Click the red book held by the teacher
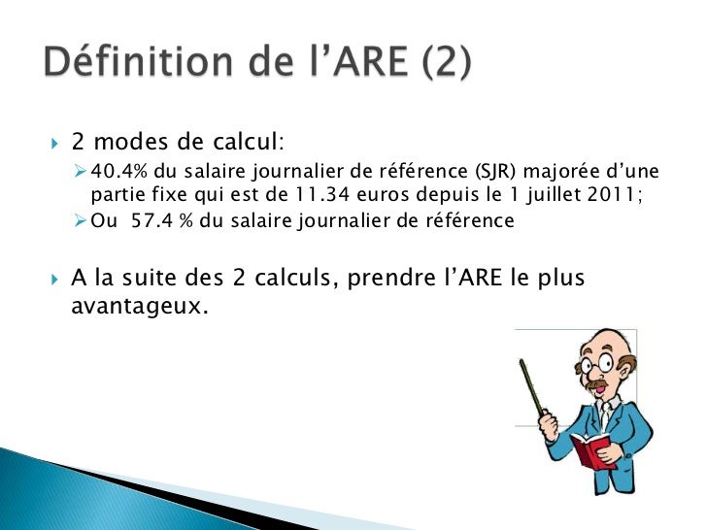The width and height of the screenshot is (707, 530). coord(591,450)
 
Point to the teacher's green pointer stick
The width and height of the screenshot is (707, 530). coord(532,389)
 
